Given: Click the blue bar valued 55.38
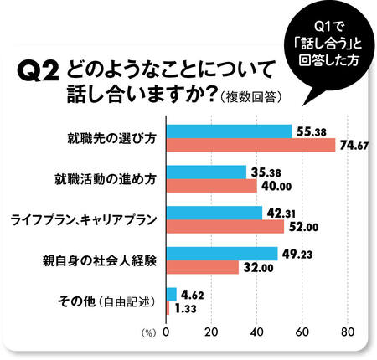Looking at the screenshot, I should pos(230,131).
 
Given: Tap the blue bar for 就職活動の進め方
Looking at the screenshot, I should pos(207,172).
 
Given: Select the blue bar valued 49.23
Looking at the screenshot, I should pos(222,253).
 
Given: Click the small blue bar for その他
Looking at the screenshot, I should pos(172,294).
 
